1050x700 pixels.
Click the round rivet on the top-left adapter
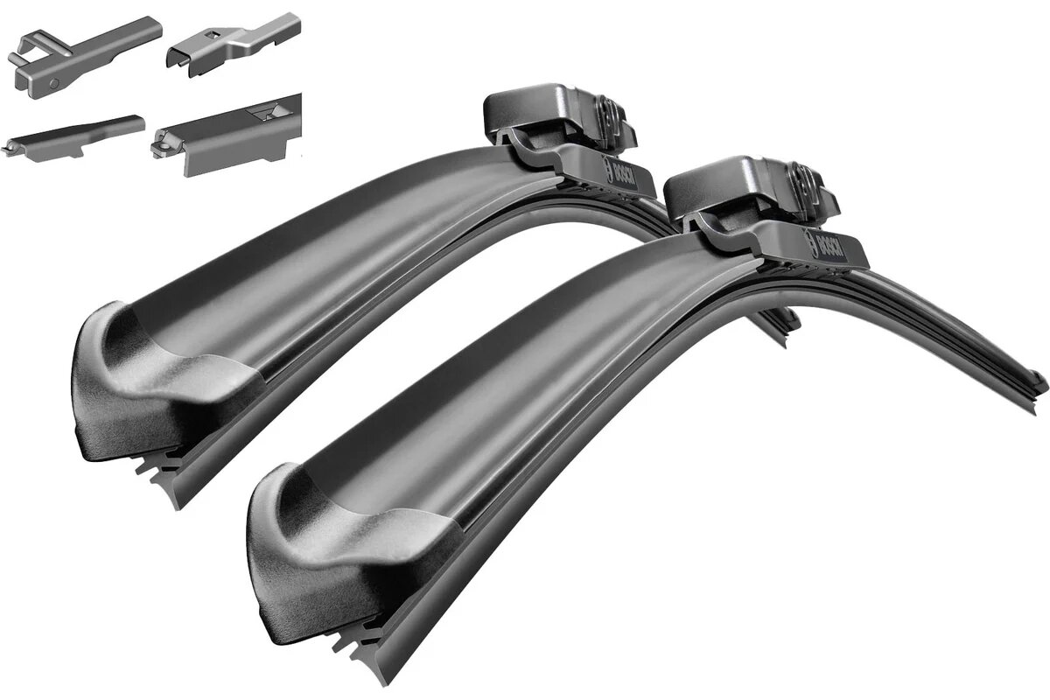coord(55,82)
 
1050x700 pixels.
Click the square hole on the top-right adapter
coord(211,34)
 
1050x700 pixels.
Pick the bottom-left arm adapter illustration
coord(74,136)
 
